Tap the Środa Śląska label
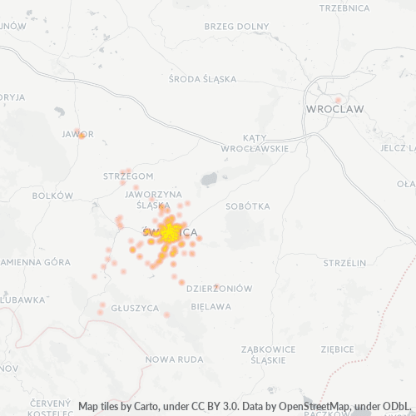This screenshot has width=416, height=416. [202, 80]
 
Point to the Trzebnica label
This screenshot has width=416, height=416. [344, 7]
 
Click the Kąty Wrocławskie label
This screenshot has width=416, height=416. [255, 142]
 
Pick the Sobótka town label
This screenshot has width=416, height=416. [248, 205]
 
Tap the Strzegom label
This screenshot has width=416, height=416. [128, 176]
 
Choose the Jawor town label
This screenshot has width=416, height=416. [77, 133]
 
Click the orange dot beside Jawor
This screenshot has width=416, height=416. [81, 136]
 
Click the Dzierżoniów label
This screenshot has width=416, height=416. [219, 289]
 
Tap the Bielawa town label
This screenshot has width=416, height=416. [211, 306]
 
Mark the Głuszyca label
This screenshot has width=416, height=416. [133, 307]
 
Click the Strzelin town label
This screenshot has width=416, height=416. [344, 263]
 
